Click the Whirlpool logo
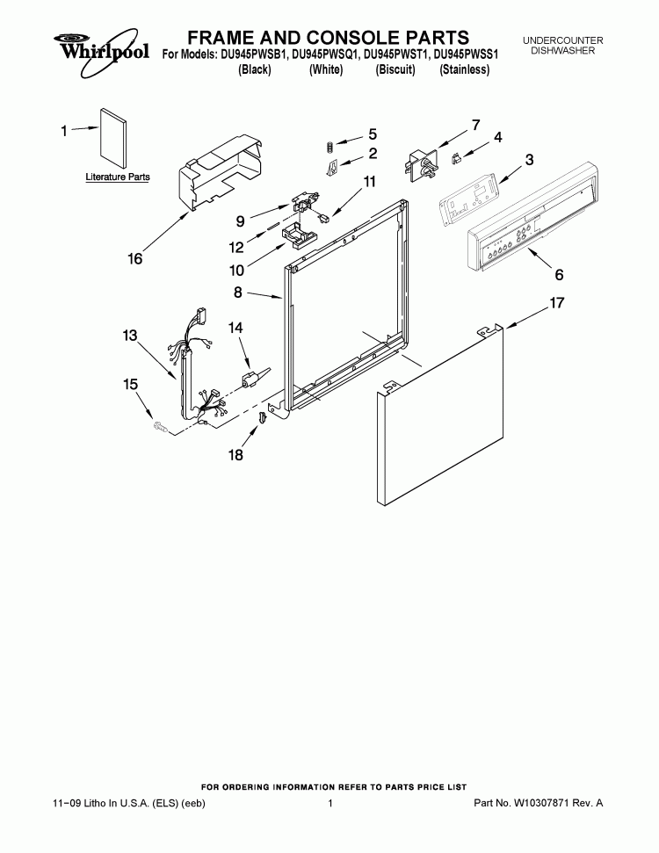coord(101,52)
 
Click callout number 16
coord(135,258)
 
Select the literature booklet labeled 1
coord(113,140)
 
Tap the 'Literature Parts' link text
coord(118,177)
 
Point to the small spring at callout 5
coord(329,146)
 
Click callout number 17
coord(557,302)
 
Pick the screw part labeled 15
coord(159,428)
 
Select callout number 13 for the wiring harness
coord(130,336)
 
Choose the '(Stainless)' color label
coord(464,69)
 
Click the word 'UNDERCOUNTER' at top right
coord(562,40)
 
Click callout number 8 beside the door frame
coord(238,293)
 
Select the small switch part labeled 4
coord(457,159)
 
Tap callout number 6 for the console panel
coord(559,275)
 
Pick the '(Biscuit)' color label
coord(395,69)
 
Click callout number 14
coord(235,328)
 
